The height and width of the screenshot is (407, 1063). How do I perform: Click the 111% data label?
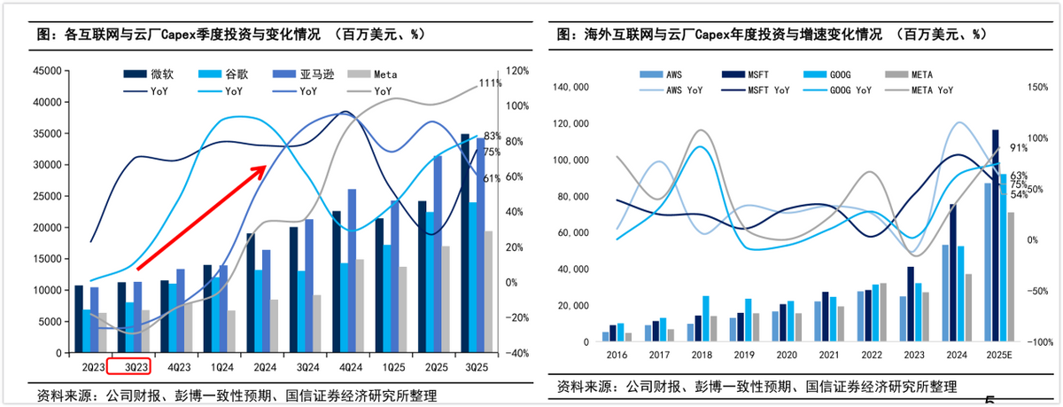[x=490, y=83]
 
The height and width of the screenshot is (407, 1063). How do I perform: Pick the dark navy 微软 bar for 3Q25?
[x=465, y=243]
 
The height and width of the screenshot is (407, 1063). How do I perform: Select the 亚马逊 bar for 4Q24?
[x=352, y=270]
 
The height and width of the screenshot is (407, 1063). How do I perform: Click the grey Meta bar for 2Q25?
[x=446, y=299]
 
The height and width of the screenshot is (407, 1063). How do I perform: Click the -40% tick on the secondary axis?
[x=517, y=353]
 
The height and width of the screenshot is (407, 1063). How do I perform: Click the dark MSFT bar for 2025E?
[x=996, y=235]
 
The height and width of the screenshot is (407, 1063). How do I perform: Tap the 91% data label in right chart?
[x=1017, y=148]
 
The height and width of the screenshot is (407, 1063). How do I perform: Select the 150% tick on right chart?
[x=1037, y=87]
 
